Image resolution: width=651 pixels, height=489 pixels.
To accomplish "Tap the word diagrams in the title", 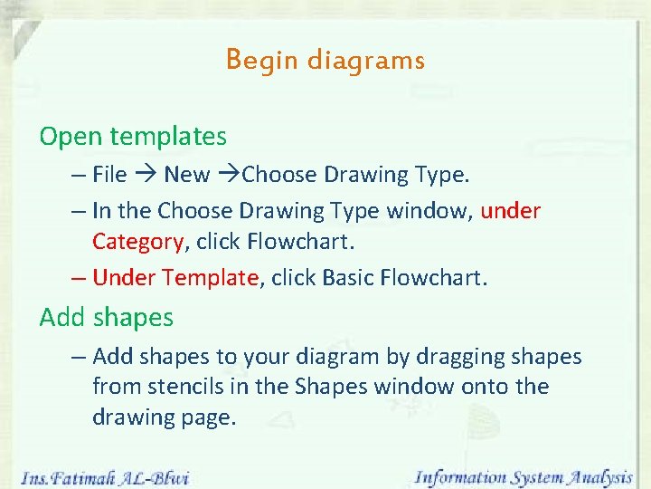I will click(365, 61).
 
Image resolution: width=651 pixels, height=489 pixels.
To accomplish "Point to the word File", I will click(109, 175).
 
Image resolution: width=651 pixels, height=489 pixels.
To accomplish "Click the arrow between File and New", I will click(146, 175).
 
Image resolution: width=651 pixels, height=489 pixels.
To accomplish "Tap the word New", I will click(186, 175).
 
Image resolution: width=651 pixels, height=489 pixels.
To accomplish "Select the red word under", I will click(511, 211).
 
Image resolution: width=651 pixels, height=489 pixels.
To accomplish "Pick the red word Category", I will click(137, 242).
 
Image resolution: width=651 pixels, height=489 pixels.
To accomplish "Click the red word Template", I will click(213, 278).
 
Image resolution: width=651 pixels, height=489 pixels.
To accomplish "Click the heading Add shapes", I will click(106, 318).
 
